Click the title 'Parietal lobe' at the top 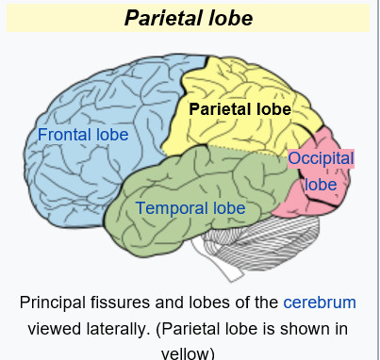point(190,18)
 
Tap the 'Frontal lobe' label point(83,135)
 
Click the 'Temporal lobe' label point(190,207)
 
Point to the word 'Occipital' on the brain point(321,158)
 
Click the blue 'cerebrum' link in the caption point(320,303)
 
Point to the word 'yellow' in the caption point(189,353)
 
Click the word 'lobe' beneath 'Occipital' point(321,184)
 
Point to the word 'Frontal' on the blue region point(66,135)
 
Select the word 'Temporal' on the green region point(172,207)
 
